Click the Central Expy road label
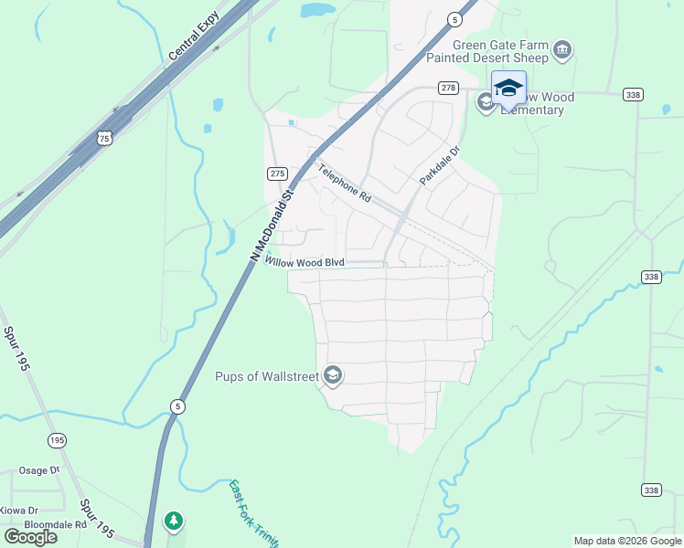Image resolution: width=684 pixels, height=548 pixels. [194, 37]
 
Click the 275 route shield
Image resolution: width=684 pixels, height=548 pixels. [278, 174]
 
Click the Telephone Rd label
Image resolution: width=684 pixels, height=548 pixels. [346, 183]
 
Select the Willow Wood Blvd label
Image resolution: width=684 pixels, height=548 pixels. [305, 262]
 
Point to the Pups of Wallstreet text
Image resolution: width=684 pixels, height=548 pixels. [266, 376]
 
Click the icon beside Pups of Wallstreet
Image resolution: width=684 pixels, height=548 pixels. [333, 375]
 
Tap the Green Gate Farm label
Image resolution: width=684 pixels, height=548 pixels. [499, 45]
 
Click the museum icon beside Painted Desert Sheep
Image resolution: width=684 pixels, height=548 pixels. [562, 49]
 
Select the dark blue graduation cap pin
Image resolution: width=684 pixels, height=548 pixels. [508, 90]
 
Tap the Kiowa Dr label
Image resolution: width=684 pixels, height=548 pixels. [19, 511]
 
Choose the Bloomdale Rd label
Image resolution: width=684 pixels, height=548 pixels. [55, 525]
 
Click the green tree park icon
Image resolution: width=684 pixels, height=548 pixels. [173, 522]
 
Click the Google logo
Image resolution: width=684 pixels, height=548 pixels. [31, 537]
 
